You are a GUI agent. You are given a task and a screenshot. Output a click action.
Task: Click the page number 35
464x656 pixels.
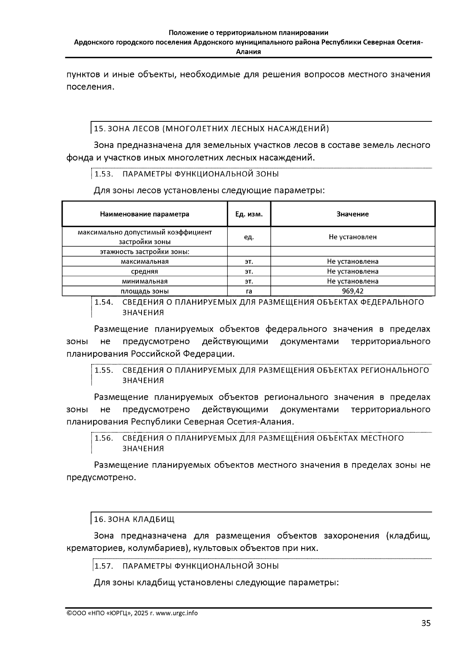point(425,623)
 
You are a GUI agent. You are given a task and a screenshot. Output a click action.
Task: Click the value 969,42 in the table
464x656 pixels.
point(352,291)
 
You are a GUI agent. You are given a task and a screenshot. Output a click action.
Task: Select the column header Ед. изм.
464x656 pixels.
point(249,214)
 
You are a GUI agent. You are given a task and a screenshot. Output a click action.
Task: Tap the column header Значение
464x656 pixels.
point(352,214)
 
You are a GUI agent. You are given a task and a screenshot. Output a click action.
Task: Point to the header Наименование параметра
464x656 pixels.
point(145,214)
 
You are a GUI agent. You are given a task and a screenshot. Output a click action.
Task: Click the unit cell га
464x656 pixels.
point(249,291)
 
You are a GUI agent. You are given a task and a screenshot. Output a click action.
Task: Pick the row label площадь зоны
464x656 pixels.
point(145,291)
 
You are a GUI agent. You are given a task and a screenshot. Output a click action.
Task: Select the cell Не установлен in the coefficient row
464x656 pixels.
point(352,237)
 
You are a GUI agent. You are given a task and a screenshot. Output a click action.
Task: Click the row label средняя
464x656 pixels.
point(145,271)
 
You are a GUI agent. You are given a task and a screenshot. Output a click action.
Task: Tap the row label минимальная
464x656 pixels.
point(145,281)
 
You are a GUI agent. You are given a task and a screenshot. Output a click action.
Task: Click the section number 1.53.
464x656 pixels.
point(103,174)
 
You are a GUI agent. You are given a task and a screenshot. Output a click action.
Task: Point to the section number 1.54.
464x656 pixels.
point(103,302)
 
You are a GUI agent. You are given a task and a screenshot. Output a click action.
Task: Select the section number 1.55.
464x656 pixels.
point(103,370)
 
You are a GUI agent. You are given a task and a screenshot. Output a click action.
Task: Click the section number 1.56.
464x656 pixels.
point(103,438)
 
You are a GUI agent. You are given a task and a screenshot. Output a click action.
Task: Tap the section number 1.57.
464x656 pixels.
point(103,566)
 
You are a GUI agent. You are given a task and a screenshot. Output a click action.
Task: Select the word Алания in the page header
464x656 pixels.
point(248,51)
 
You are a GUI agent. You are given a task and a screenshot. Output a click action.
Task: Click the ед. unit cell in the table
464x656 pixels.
point(249,237)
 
